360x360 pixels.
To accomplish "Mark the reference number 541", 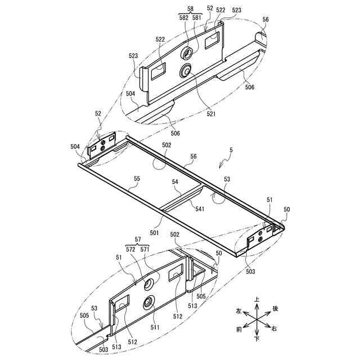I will (x=200, y=209).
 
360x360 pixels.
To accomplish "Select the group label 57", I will (x=138, y=240).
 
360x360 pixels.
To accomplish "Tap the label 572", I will (x=131, y=248).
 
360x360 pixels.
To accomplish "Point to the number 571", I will (x=145, y=248).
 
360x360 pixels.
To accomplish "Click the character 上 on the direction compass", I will (x=257, y=300).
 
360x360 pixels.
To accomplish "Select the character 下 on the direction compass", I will (x=257, y=340).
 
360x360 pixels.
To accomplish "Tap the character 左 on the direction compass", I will (x=238, y=310).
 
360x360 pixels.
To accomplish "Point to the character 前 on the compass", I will (x=239, y=328).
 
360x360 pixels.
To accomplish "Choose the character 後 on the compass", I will (x=275, y=309).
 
